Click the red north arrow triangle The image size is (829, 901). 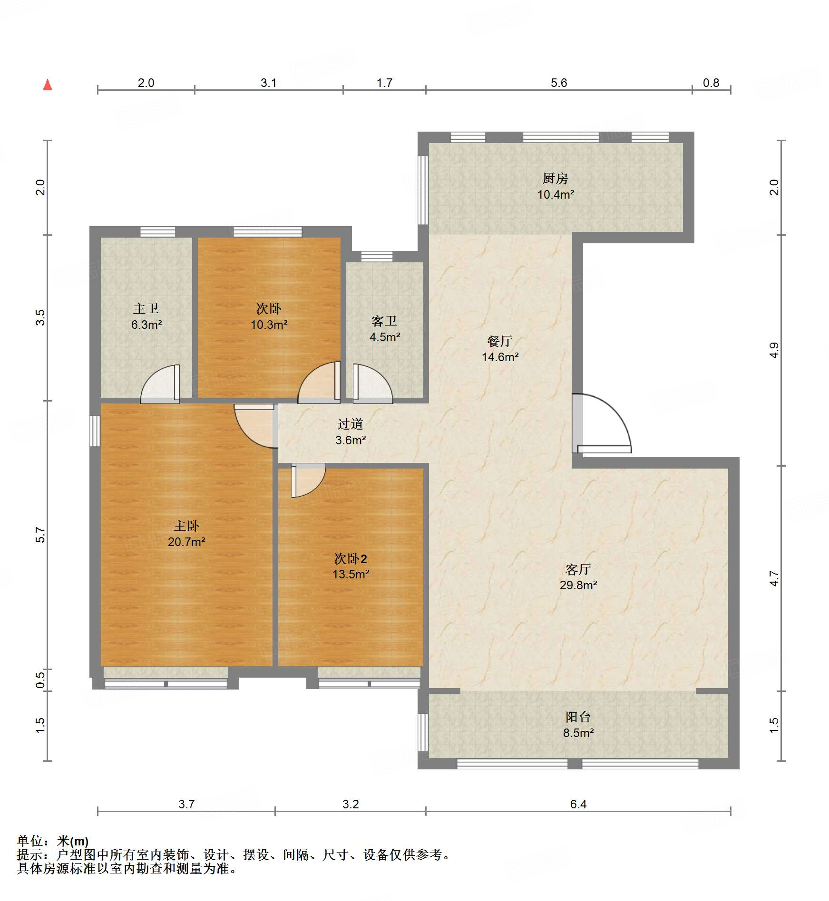tap(48, 85)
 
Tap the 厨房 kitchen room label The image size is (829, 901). tap(555, 179)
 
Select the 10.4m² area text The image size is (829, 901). tap(555, 194)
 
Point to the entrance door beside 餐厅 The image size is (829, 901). tap(602, 423)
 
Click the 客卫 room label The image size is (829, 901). tap(384, 321)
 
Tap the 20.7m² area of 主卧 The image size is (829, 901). tap(186, 542)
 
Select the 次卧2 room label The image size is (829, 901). tap(351, 558)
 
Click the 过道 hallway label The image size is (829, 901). tap(351, 424)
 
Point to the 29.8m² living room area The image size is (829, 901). tap(578, 585)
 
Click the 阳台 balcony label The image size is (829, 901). tap(578, 717)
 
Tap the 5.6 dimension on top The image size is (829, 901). tap(558, 83)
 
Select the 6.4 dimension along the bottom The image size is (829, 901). tap(578, 804)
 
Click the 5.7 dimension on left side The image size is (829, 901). tap(40, 535)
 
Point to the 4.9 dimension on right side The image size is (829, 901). tap(774, 350)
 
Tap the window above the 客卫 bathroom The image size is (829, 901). tap(377, 257)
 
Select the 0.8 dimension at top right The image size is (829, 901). tap(711, 83)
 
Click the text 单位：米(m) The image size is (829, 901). tap(53, 841)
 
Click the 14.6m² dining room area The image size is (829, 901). tap(499, 357)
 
